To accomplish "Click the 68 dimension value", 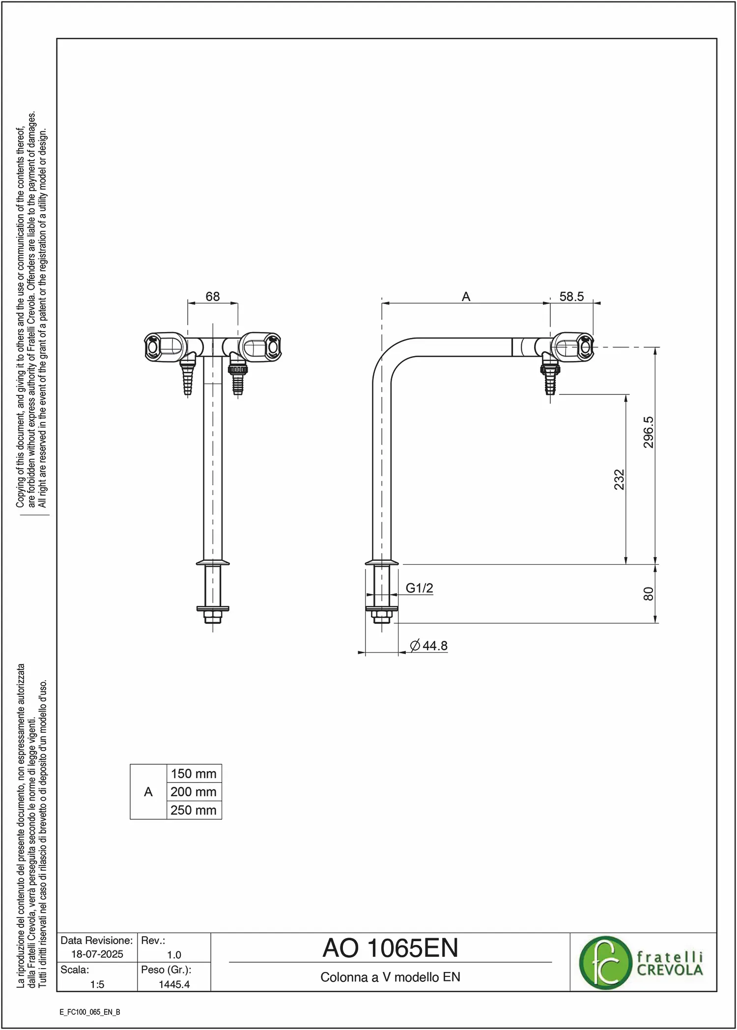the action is coord(213,297).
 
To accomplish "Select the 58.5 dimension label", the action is coord(571,297).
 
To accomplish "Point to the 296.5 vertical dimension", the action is coord(649,432).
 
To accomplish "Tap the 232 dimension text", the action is coord(619,479).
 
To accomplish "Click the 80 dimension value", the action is coord(649,594).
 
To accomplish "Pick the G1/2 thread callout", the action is coord(419,588).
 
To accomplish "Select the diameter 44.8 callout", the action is coord(429,645).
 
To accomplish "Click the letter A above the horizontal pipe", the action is coord(466,297).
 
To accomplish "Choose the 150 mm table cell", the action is coord(194,774).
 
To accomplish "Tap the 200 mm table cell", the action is coord(194,792).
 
